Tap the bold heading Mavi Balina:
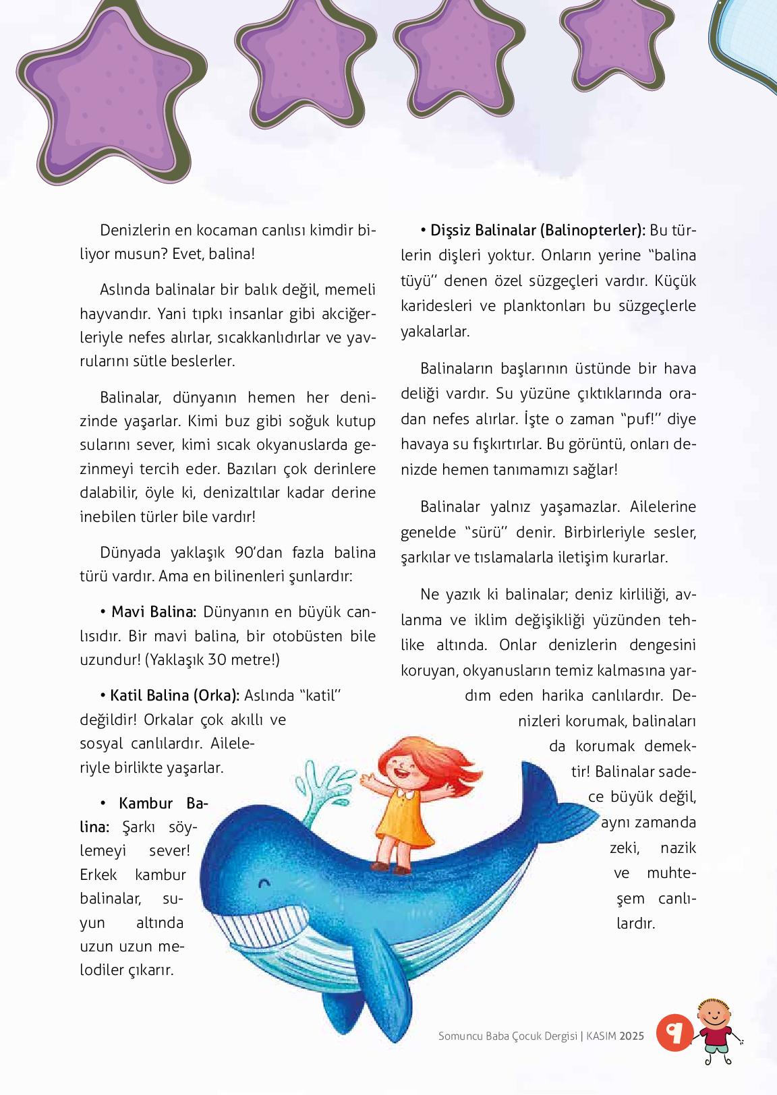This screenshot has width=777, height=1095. click(x=153, y=612)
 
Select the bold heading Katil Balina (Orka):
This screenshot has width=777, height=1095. click(x=174, y=696)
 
